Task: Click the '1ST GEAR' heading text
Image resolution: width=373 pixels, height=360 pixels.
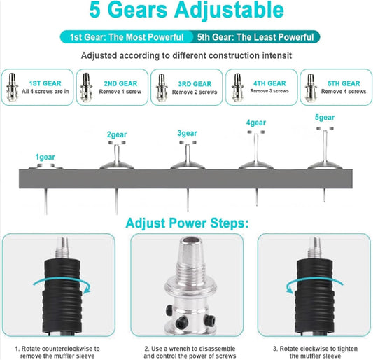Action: (45, 83)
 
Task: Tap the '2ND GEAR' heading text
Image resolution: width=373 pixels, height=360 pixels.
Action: (120, 83)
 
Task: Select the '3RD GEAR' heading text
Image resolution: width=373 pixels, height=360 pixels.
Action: (195, 84)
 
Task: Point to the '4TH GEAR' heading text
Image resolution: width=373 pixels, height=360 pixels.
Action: (269, 83)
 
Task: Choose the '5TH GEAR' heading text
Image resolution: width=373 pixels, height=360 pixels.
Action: (344, 83)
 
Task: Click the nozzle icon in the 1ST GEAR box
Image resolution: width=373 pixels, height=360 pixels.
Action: (13, 88)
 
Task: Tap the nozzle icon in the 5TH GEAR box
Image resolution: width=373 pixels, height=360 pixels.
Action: (311, 88)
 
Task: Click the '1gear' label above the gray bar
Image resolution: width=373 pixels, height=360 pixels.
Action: (45, 157)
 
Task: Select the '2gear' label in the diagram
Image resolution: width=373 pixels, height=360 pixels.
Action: (117, 134)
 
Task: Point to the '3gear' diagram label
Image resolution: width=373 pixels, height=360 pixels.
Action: (188, 133)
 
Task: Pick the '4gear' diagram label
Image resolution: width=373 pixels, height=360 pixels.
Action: (256, 123)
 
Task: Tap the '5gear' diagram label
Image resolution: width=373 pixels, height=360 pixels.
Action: (325, 118)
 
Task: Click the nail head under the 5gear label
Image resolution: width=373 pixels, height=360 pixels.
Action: (325, 129)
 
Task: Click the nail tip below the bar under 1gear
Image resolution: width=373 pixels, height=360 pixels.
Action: (46, 214)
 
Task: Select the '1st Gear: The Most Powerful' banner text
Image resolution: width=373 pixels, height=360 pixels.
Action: (127, 37)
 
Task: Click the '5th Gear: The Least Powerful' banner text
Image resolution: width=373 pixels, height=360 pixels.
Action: (255, 37)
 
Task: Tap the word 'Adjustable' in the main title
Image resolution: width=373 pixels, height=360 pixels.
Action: (229, 11)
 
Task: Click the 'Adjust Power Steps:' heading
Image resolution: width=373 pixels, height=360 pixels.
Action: (187, 223)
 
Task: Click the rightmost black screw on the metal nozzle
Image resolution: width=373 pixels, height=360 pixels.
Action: (211, 320)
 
